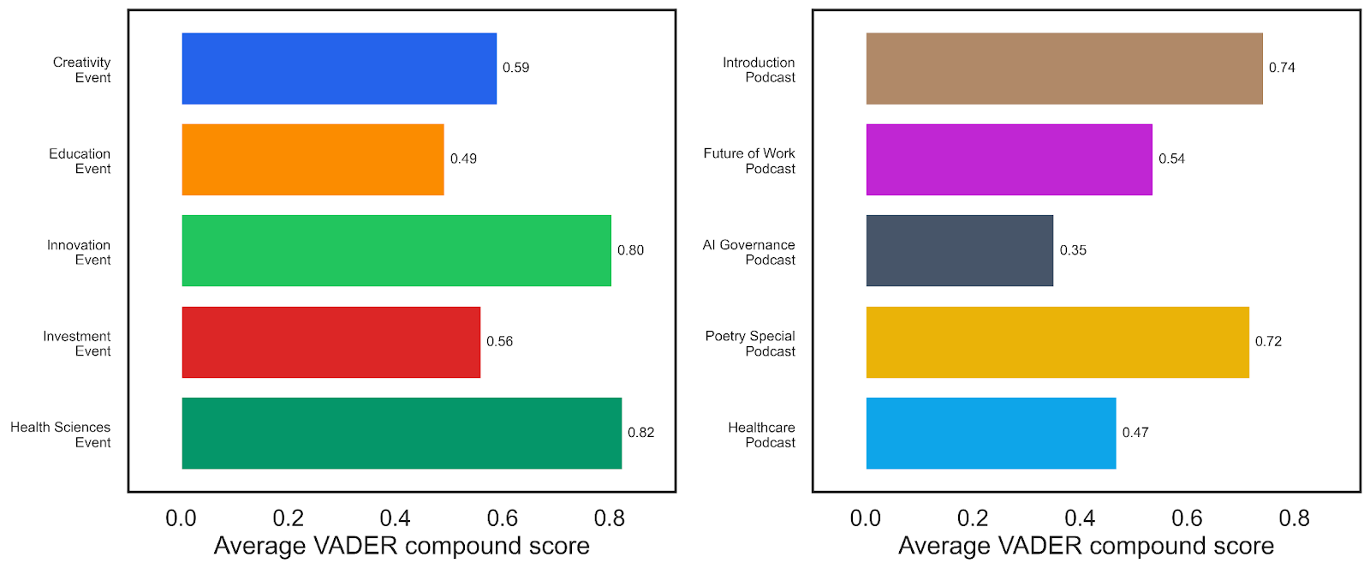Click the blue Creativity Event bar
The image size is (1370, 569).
coord(339,69)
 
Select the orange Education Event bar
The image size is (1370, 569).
coord(313,159)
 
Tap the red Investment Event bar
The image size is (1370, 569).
coord(331,342)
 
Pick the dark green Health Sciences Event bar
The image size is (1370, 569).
coord(402,433)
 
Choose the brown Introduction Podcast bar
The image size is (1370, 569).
coord(1064,69)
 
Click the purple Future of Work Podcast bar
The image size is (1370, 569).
coord(1010,159)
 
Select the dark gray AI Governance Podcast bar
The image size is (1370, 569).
coord(960,251)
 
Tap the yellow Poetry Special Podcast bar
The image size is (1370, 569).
coord(1057,342)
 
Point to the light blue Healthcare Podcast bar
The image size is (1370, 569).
coord(991,433)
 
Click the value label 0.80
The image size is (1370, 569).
coord(630,250)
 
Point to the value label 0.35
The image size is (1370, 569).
coord(1074,250)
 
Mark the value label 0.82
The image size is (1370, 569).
coord(641,433)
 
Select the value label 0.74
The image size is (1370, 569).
coord(1282,68)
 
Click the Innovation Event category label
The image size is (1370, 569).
coord(79,252)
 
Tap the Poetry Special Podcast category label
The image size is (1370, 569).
coord(750,344)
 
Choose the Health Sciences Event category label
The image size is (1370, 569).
coord(61,434)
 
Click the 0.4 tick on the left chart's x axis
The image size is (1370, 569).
coord(395,518)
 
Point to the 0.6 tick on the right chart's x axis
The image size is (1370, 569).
coord(1187,518)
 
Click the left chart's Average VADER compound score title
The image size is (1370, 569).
coord(402,546)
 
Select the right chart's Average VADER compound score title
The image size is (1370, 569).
coord(1087,546)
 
